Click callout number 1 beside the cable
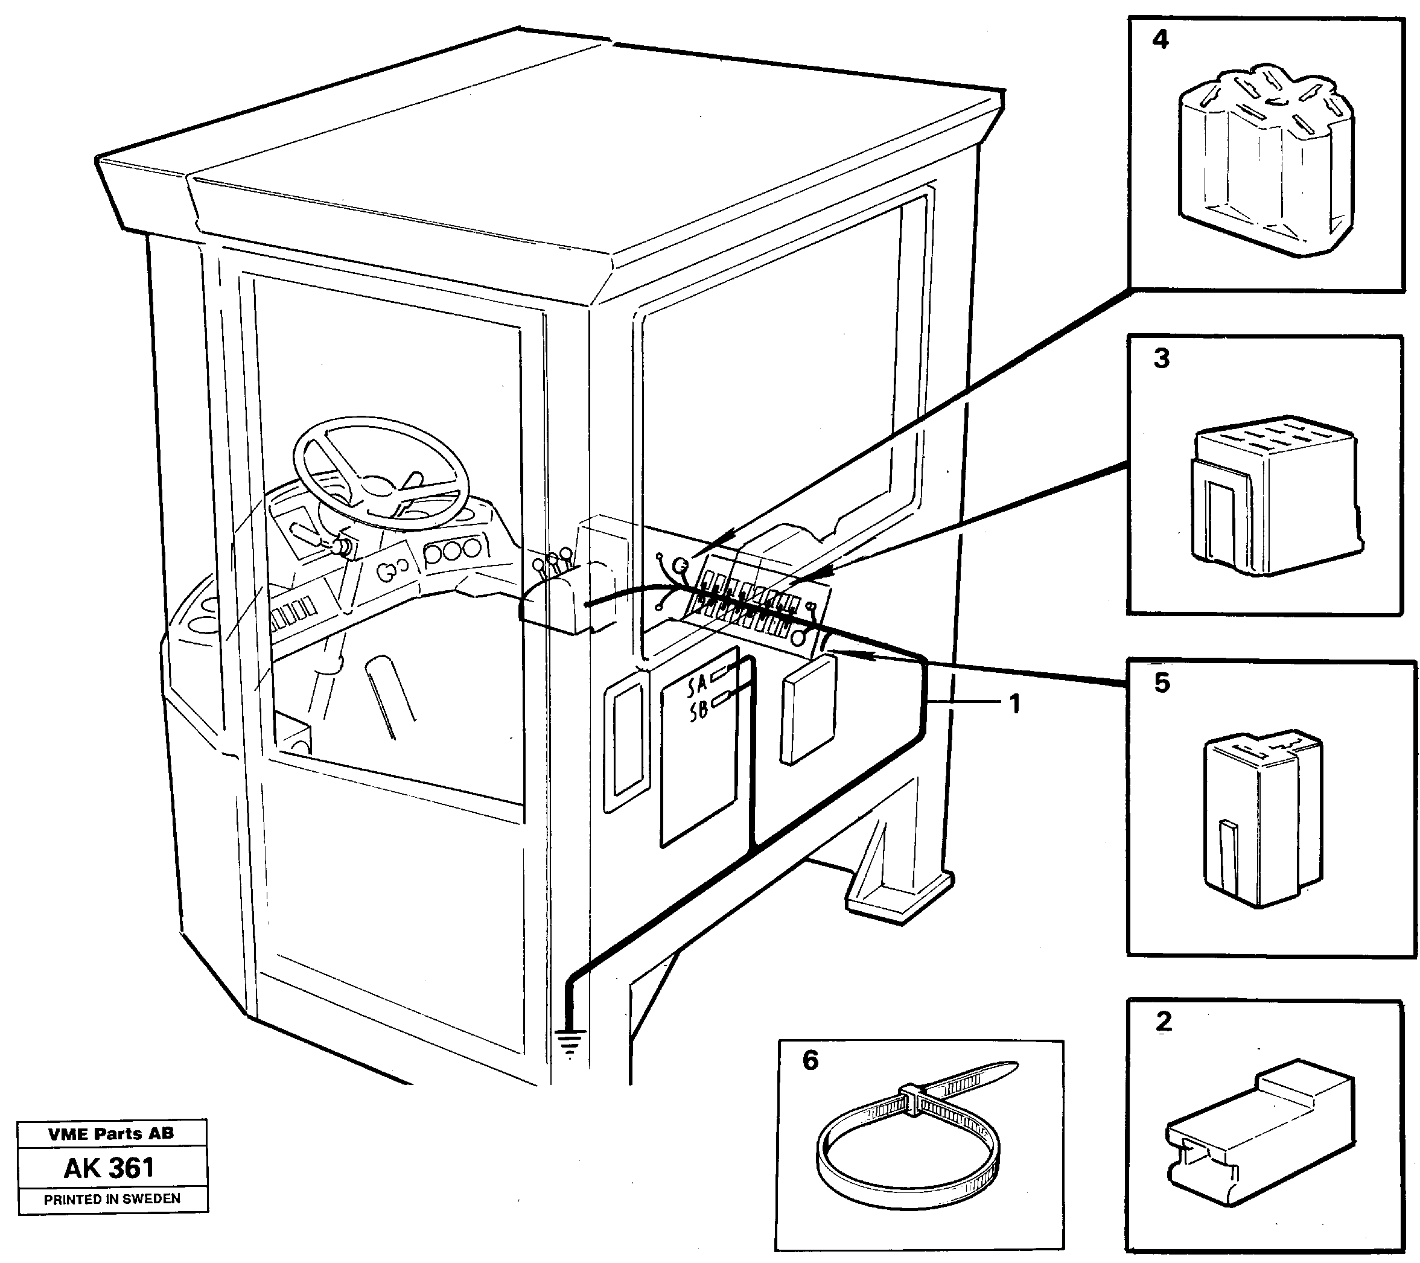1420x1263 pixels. tap(1014, 704)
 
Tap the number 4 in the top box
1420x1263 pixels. tap(1160, 40)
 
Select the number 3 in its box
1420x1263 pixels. tap(1162, 358)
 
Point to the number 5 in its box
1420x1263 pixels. tap(1162, 682)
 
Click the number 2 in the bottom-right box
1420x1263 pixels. tap(1164, 1021)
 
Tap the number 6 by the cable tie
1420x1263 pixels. tap(810, 1060)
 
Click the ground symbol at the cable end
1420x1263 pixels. tap(570, 1040)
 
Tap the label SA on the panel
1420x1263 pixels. tap(697, 686)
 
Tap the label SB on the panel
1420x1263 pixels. tap(698, 711)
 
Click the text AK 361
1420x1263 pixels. tap(109, 1168)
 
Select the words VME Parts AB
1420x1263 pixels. tap(111, 1134)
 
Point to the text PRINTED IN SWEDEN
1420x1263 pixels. tap(112, 1199)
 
